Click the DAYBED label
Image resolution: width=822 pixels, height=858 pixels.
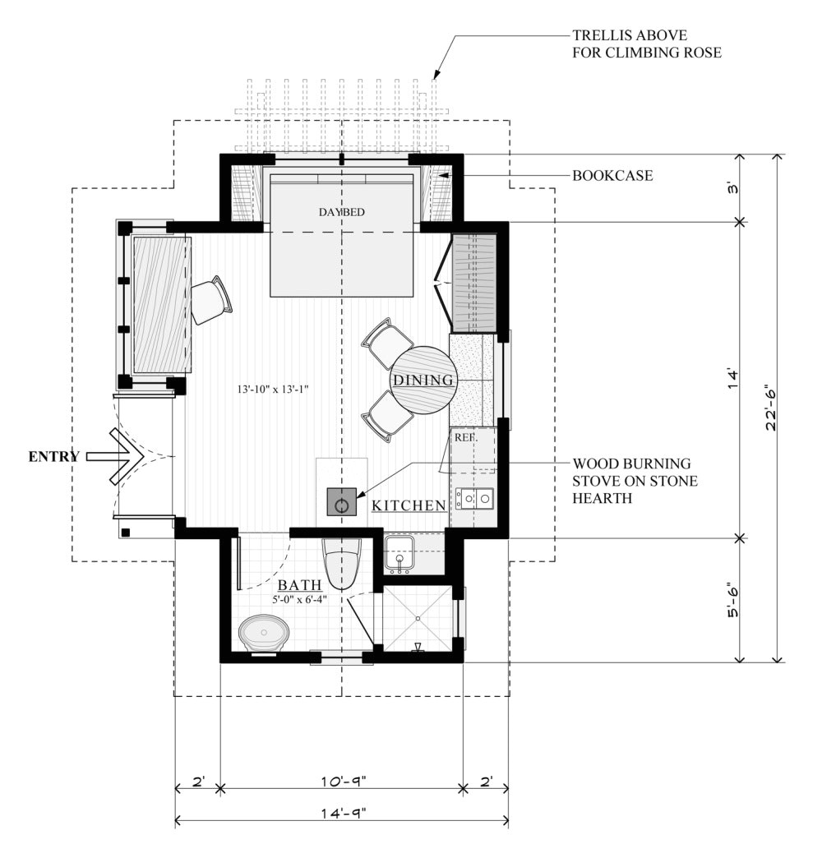341,212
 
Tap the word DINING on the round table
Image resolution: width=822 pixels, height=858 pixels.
423,380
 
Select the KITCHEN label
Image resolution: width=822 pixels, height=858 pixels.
409,505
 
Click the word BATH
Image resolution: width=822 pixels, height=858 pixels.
299,585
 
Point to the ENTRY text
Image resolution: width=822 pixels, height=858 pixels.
53,456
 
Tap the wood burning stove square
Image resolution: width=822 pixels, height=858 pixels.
341,501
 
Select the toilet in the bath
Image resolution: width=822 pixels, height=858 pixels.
341,563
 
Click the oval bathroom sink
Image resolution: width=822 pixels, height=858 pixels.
264,634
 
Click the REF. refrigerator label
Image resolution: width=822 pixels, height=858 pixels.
466,438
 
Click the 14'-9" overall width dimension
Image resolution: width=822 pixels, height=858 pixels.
343,813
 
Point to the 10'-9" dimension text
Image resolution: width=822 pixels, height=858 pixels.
343,781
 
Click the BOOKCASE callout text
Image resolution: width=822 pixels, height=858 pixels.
612,176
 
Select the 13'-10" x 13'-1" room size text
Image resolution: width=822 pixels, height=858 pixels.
273,390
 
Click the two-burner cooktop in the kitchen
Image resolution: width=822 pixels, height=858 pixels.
475,499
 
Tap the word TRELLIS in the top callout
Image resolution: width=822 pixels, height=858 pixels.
603,35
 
